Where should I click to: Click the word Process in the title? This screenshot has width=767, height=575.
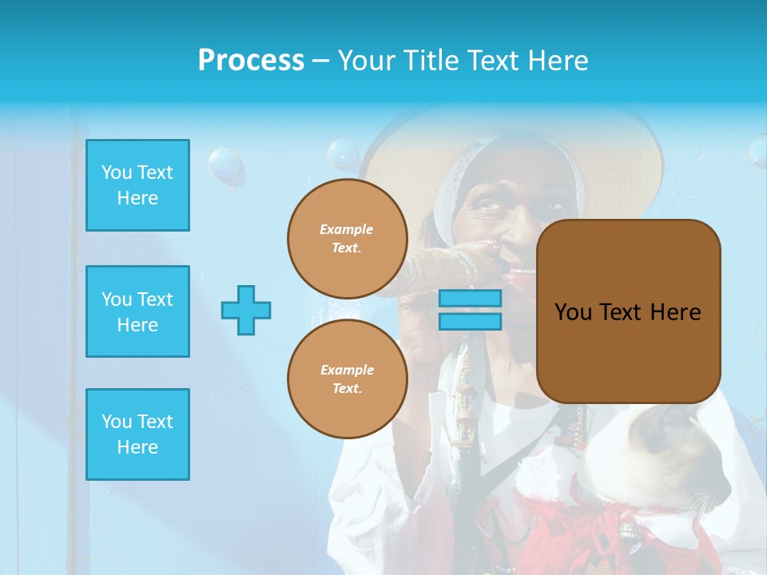(251, 60)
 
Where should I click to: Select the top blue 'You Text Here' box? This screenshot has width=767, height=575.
(137, 185)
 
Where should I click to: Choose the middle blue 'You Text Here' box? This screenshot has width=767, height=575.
(137, 311)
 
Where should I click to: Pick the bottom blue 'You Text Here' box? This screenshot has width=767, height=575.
(137, 434)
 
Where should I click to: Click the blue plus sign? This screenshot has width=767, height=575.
(246, 310)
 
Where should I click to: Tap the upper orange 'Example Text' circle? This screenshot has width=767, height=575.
(347, 239)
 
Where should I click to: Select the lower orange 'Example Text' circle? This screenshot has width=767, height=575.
(347, 379)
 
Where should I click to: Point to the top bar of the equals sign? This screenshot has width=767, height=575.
(470, 299)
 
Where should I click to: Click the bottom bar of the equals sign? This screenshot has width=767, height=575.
(470, 321)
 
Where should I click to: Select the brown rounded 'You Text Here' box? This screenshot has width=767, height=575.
(628, 311)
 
